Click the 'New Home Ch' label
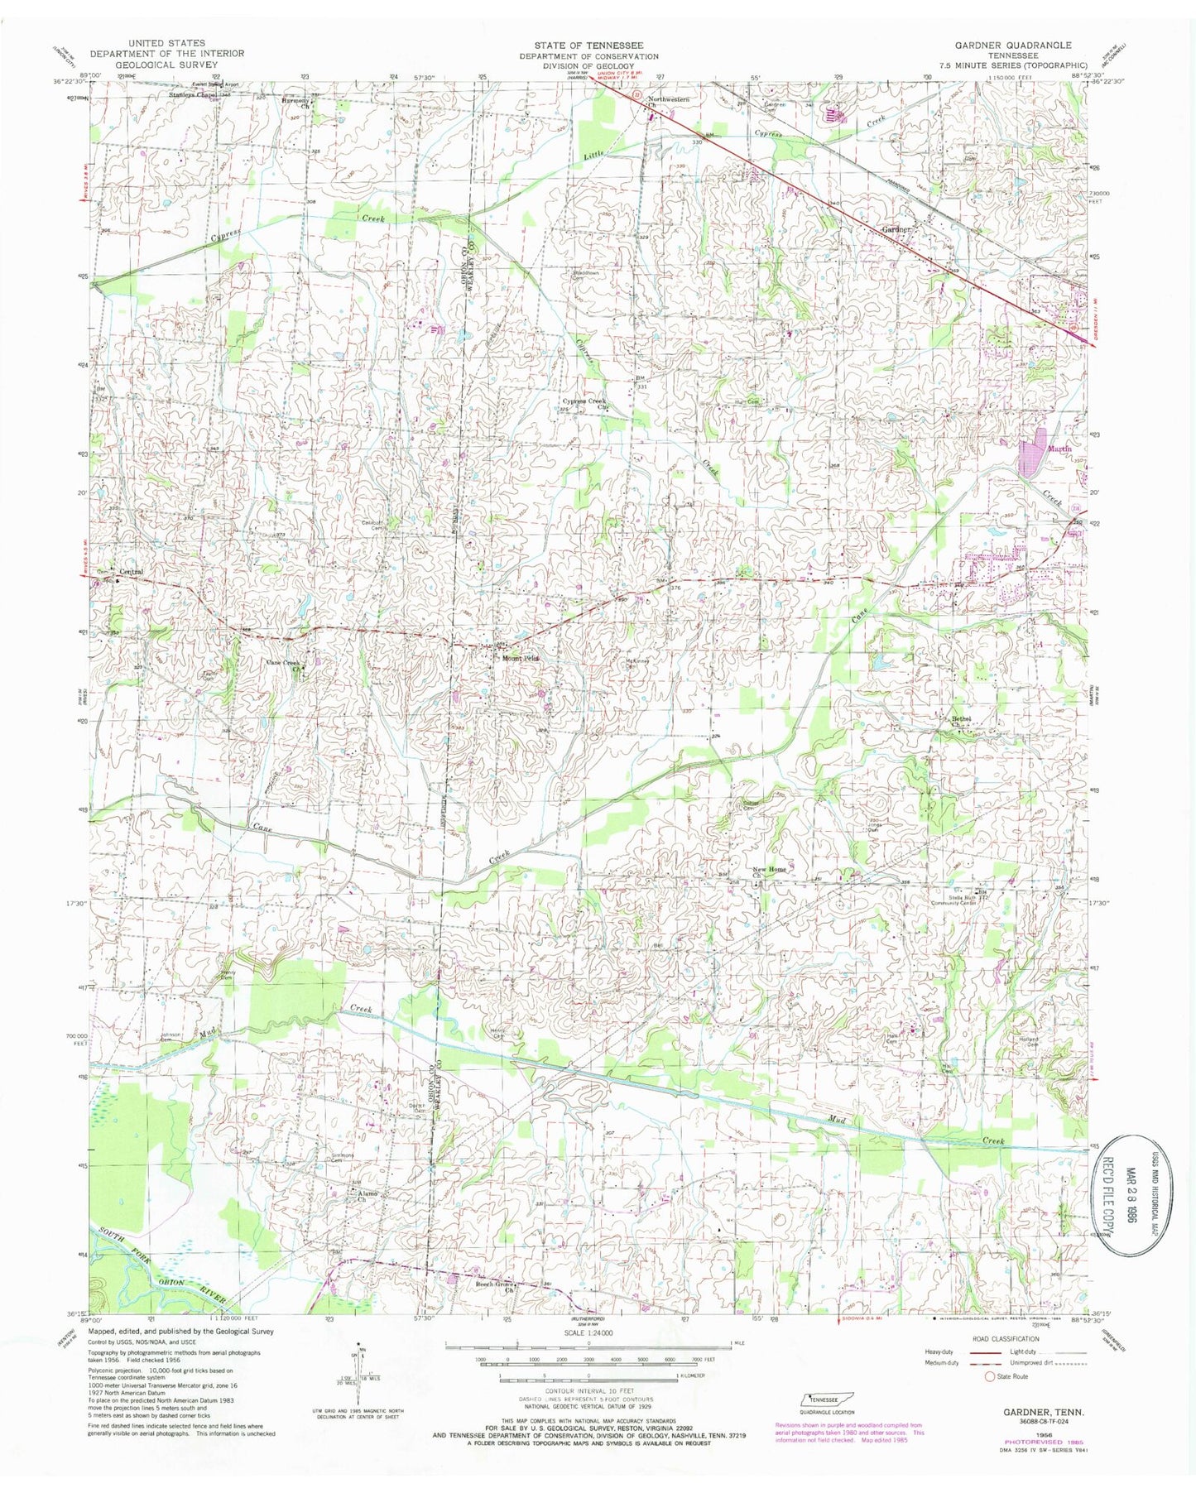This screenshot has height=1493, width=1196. (x=769, y=870)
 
